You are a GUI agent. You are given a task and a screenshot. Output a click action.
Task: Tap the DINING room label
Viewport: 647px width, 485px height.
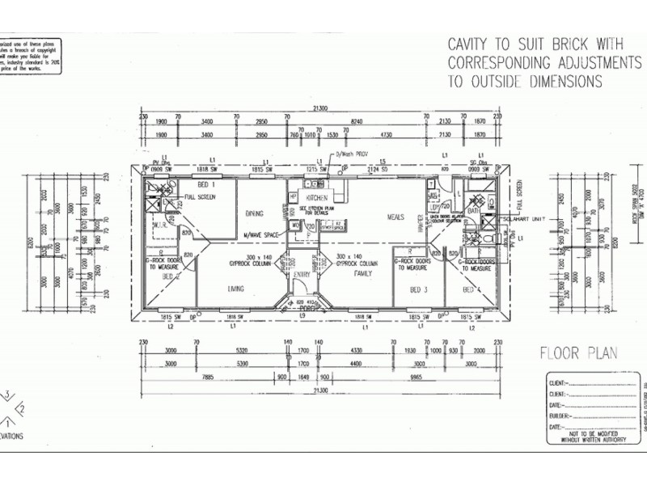pyautogui.click(x=256, y=213)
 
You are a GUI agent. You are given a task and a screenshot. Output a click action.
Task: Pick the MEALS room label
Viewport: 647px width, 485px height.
pyautogui.click(x=395, y=217)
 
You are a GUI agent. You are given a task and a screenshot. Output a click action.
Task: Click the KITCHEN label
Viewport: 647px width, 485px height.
pyautogui.click(x=316, y=198)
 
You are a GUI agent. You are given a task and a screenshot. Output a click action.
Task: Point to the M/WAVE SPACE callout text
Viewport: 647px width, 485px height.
pyautogui.click(x=262, y=235)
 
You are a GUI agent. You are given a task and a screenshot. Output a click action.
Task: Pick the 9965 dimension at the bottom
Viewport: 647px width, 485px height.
pyautogui.click(x=417, y=377)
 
